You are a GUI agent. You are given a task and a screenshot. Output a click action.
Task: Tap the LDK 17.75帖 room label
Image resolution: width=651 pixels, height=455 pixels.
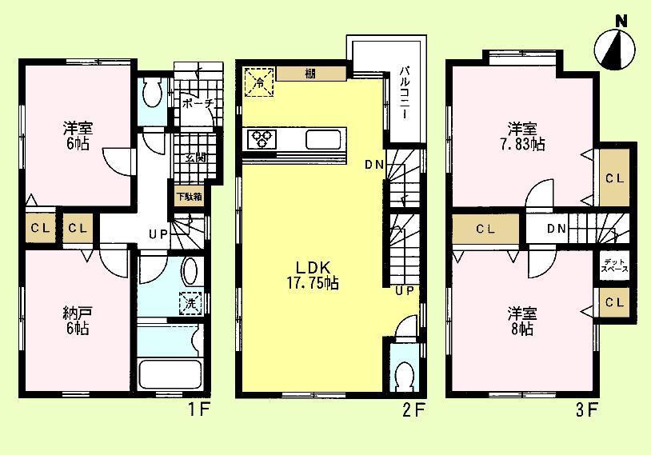coord(310,273)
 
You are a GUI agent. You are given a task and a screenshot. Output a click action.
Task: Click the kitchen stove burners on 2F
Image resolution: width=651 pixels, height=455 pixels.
coord(261,139)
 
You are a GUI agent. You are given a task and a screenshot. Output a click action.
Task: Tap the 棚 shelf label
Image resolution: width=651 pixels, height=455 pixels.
coord(310,74)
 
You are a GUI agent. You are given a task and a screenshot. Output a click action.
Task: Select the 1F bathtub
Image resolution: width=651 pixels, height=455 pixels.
coord(167,373)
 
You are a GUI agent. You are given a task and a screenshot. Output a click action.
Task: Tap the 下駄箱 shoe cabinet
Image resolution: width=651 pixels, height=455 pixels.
coord(190,196)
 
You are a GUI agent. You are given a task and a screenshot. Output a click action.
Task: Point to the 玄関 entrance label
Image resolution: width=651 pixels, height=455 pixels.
coord(194,158)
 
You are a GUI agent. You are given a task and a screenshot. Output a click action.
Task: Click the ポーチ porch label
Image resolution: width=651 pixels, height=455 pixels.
coord(197,104)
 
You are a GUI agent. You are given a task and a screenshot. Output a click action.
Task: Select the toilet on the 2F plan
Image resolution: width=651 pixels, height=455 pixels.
coord(405,374)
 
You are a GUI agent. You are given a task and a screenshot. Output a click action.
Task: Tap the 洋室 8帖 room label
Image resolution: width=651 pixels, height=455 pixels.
coord(521,321)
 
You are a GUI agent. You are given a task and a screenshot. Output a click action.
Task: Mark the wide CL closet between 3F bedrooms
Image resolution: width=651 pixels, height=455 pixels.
coord(485,229)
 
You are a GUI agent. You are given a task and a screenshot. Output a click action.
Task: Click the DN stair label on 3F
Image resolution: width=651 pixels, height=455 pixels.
coord(557,229)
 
